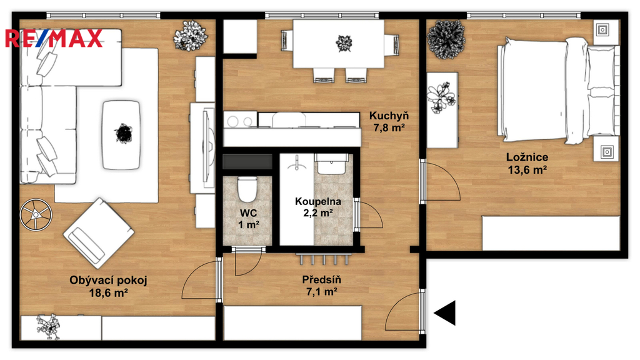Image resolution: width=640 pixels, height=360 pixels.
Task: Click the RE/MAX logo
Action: click(54, 38)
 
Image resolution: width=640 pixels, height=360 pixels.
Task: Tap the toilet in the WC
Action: click(247, 189)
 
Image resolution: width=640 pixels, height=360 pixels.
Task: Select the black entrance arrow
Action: click(444, 313)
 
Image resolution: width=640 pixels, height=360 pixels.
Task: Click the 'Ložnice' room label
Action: click(527, 157)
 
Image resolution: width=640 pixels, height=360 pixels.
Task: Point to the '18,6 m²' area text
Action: click(109, 292)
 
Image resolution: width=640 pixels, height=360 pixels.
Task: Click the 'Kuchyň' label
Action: click(389, 116)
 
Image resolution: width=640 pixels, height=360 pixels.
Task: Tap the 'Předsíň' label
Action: click(321, 279)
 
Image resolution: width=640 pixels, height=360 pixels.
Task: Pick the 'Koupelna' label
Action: click(318, 201)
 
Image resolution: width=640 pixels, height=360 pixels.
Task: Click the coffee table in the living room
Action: click(122, 135)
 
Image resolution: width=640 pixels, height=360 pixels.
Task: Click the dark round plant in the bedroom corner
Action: click(446, 39)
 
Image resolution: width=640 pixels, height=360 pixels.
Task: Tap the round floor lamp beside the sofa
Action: click(36, 214)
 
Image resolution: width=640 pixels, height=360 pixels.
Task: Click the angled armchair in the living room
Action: click(98, 233)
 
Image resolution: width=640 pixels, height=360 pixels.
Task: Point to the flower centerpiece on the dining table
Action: click(344, 43)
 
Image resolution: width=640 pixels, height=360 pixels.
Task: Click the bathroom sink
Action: click(331, 164)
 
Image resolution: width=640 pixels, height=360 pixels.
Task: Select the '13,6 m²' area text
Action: click(527, 169)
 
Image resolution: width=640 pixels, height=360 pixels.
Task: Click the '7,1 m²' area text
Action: click(321, 291)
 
